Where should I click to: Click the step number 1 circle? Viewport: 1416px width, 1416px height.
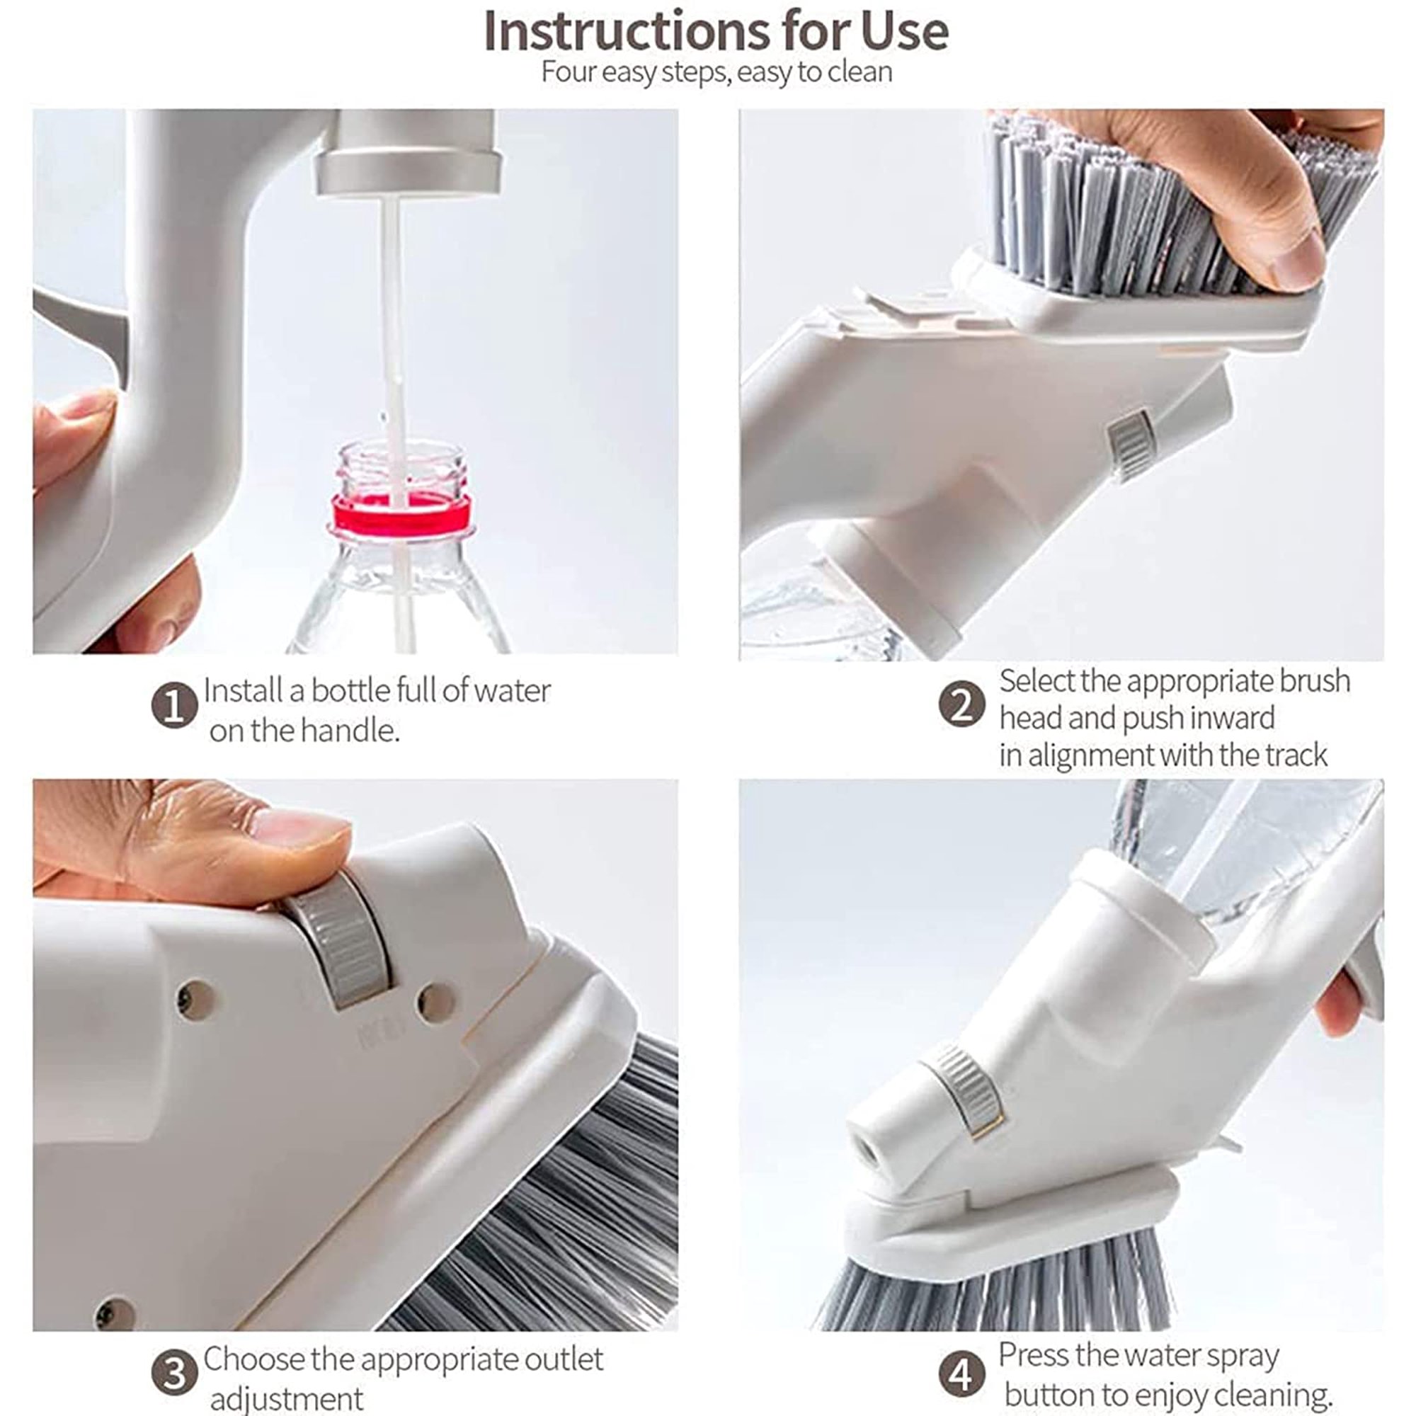click(x=174, y=707)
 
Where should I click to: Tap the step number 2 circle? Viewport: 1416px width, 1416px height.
click(x=961, y=704)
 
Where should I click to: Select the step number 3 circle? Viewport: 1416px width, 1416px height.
click(x=174, y=1373)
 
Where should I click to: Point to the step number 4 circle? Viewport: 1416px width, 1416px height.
click(x=961, y=1374)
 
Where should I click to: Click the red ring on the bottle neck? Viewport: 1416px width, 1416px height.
click(x=400, y=514)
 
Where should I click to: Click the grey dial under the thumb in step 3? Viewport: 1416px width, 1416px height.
click(x=340, y=942)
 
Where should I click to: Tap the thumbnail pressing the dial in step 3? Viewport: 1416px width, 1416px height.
click(x=299, y=833)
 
